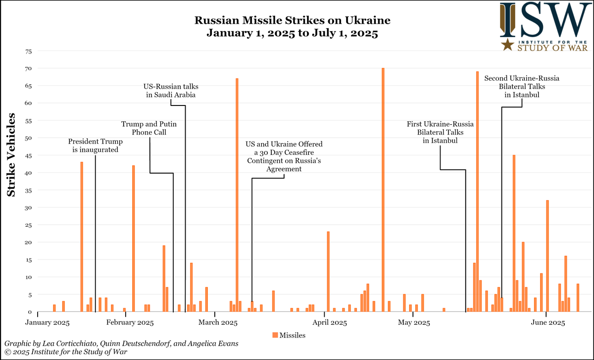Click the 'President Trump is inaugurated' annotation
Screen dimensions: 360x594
[x=94, y=145]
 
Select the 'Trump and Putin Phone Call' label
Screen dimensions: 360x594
[x=149, y=128]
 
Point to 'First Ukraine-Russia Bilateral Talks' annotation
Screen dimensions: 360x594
[x=440, y=132]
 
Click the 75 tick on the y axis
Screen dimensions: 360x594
[x=28, y=51]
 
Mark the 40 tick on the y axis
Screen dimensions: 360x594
[x=28, y=173]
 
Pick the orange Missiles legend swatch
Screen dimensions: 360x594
[x=275, y=335]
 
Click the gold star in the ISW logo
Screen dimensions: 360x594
[x=507, y=46]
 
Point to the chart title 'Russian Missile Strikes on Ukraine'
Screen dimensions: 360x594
[x=292, y=21]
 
